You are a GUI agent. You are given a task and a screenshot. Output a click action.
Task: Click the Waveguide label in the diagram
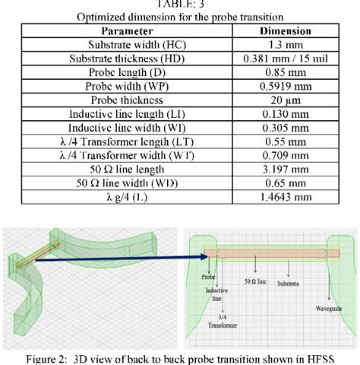tap(329, 308)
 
